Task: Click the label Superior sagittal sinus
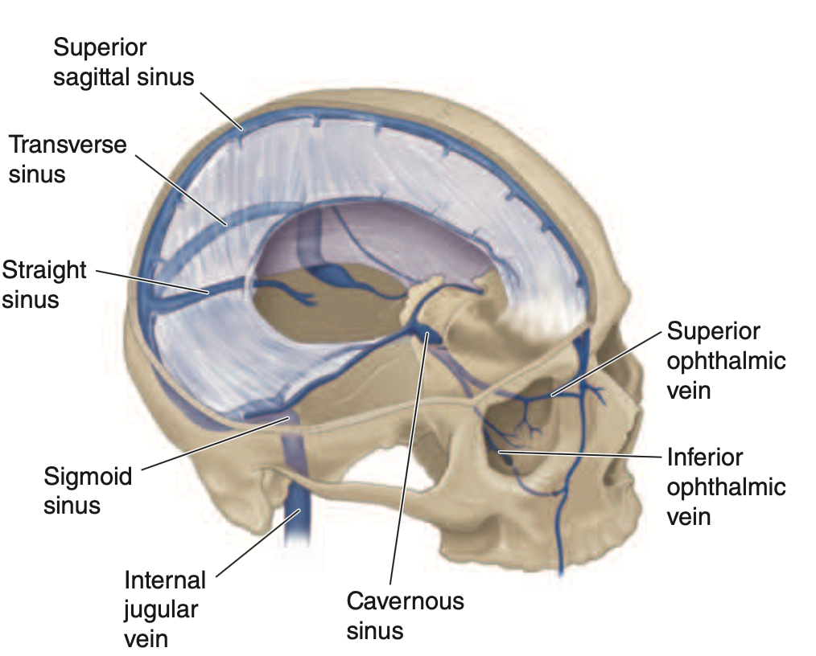pyautogui.click(x=123, y=62)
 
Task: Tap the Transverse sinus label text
pyautogui.click(x=68, y=159)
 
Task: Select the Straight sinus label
pyautogui.click(x=43, y=284)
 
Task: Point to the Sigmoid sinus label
pyautogui.click(x=87, y=490)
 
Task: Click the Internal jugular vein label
pyautogui.click(x=165, y=609)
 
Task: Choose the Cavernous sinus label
pyautogui.click(x=405, y=615)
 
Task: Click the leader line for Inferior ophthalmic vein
pyautogui.click(x=579, y=455)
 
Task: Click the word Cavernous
pyautogui.click(x=405, y=601)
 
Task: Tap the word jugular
pyautogui.click(x=160, y=609)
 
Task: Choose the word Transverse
pyautogui.click(x=68, y=145)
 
